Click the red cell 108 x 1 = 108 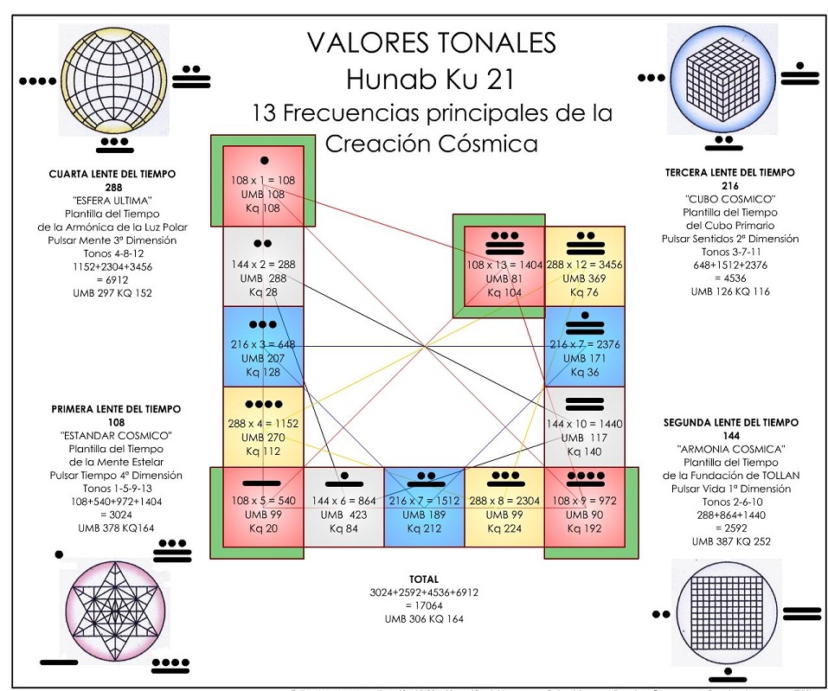(263, 185)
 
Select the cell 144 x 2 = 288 (263, 266)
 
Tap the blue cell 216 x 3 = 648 (263, 346)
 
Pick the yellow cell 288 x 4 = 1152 (263, 426)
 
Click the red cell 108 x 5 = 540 (263, 507)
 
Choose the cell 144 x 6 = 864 (343, 507)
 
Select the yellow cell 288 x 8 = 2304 (504, 507)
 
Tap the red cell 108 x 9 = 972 (585, 507)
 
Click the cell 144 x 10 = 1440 (585, 426)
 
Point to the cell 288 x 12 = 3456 (585, 266)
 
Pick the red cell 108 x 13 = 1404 (504, 266)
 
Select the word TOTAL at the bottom (424, 579)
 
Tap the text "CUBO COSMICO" (729, 199)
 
